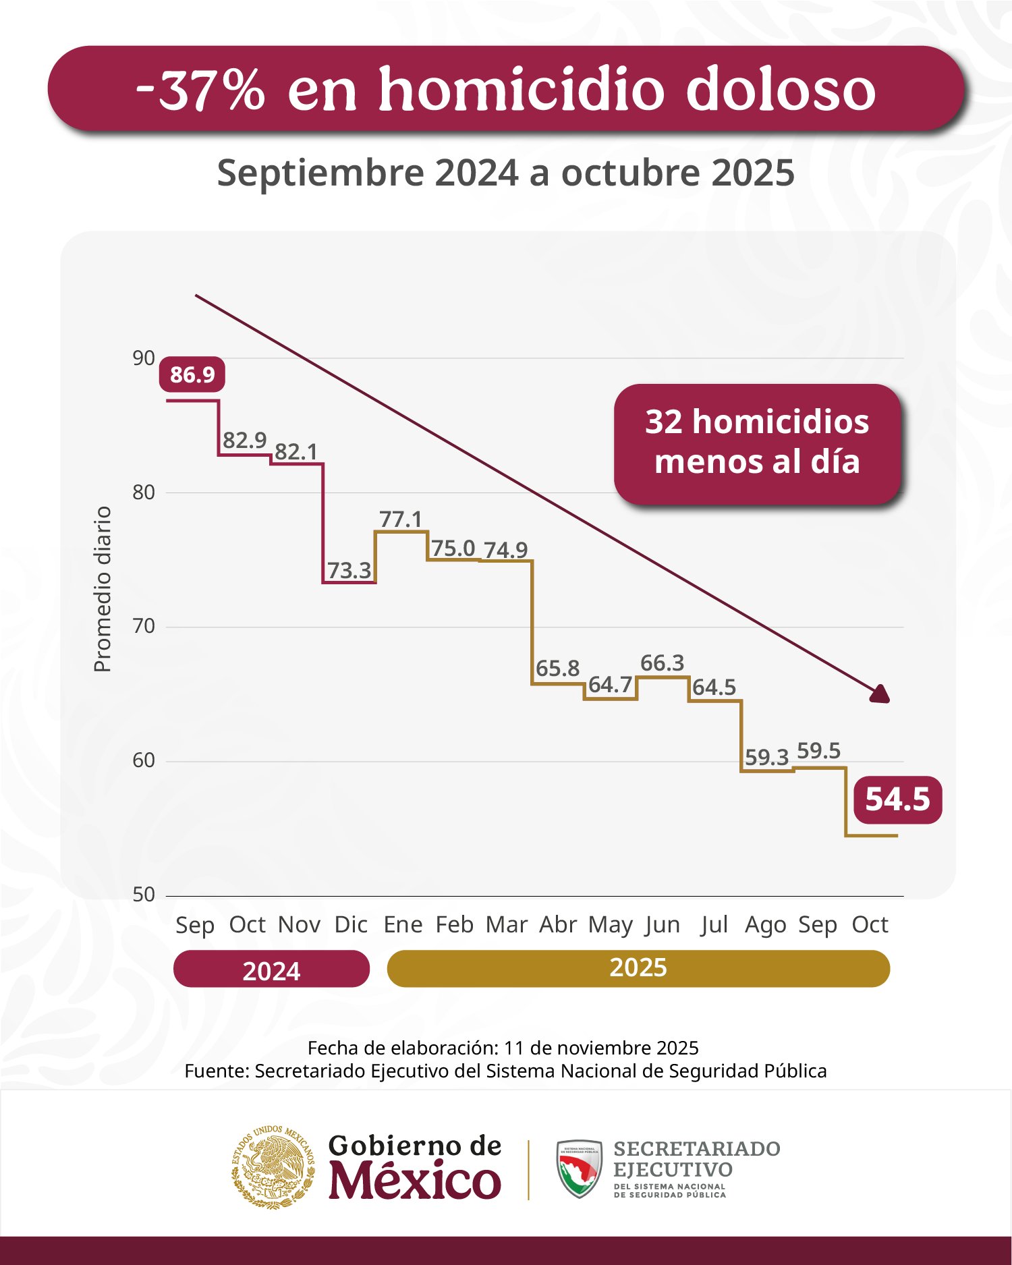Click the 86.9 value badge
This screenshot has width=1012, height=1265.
(192, 374)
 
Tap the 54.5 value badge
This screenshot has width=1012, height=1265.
(897, 799)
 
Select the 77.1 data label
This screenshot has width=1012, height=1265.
(400, 519)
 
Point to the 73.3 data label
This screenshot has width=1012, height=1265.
(349, 571)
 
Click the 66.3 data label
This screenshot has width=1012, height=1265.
(662, 663)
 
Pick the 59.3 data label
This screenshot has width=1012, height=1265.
(766, 758)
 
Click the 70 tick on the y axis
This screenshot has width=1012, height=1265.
(144, 626)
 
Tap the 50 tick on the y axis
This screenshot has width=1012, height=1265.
(144, 895)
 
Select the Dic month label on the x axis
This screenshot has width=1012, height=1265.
(351, 924)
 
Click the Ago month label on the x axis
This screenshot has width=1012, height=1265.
(766, 924)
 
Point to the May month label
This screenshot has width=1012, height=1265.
(610, 924)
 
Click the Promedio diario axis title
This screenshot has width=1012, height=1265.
(103, 589)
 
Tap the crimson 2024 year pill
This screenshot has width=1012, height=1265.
(271, 969)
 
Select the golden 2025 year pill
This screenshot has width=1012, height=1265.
(638, 968)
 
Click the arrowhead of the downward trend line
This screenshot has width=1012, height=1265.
(880, 695)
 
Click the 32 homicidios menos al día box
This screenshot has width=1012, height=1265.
(757, 443)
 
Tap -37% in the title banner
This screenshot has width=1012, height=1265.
(200, 89)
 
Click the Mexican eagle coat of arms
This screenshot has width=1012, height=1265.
(273, 1166)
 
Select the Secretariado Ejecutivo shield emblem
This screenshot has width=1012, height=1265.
(579, 1169)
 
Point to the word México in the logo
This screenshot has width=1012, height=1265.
(414, 1181)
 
